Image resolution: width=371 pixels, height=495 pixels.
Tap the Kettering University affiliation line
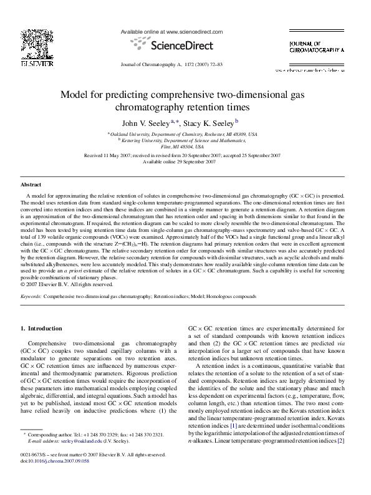pyautogui.click(x=185, y=141)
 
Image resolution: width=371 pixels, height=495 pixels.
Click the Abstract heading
pyautogui.click(x=31, y=185)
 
